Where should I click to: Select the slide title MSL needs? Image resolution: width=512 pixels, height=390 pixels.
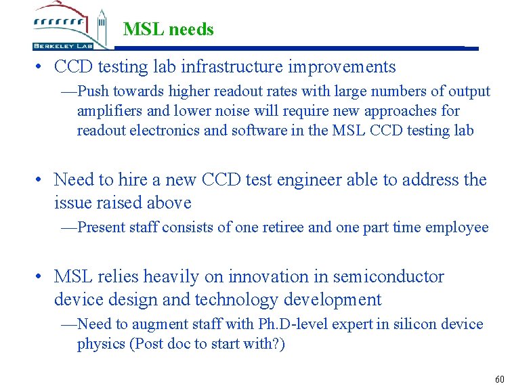tap(169, 30)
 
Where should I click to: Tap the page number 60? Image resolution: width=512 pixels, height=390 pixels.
tap(500, 378)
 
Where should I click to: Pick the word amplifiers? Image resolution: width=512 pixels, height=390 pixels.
tap(109, 111)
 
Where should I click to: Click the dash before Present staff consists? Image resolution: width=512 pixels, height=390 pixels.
tap(68, 228)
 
